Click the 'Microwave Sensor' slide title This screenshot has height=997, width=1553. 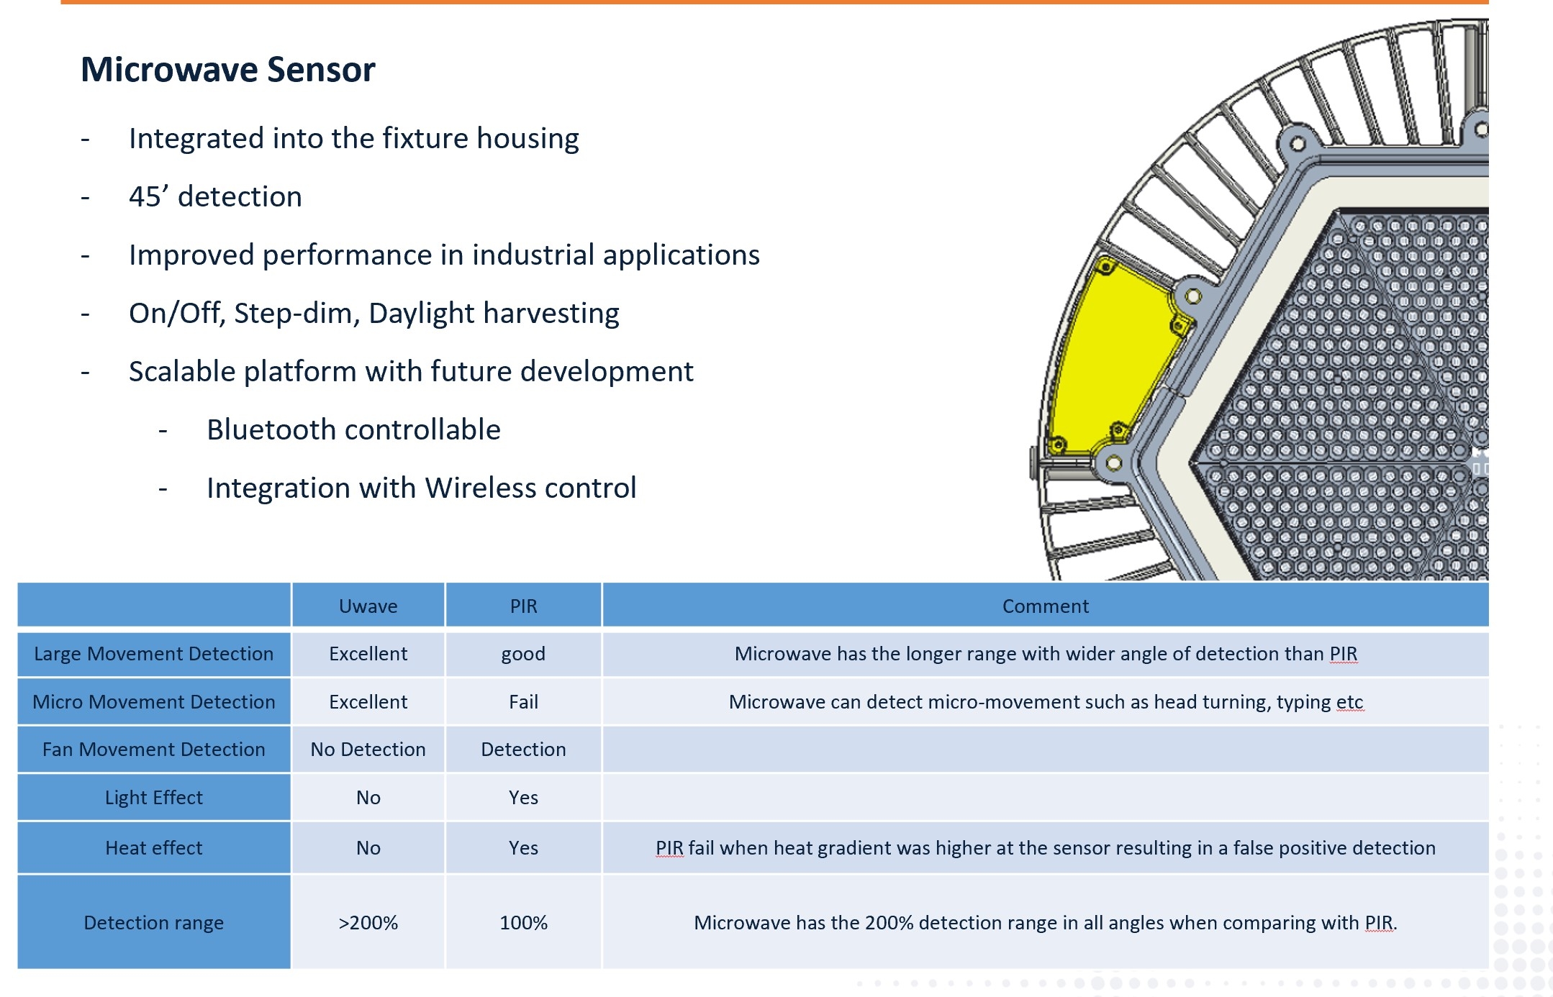(227, 70)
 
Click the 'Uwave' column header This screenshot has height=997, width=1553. (368, 606)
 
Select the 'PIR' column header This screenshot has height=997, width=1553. (523, 606)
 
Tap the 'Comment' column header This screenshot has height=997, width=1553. (1045, 606)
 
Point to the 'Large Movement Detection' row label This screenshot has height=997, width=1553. (153, 654)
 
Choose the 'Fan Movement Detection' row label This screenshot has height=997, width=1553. (153, 750)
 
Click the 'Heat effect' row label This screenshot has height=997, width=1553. (153, 848)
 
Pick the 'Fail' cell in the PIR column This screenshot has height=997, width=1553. (523, 702)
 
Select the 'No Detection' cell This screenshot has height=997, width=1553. (368, 750)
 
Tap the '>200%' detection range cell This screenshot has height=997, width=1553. (368, 923)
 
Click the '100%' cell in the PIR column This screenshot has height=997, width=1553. (523, 923)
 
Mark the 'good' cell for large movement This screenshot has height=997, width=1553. (523, 654)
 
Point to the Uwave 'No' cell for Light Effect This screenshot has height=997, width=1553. (368, 798)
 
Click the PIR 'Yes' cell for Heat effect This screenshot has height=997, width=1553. (523, 848)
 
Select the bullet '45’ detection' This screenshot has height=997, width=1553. (215, 197)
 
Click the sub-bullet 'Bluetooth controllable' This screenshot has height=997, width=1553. (353, 430)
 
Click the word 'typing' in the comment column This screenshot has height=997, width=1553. (1303, 702)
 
